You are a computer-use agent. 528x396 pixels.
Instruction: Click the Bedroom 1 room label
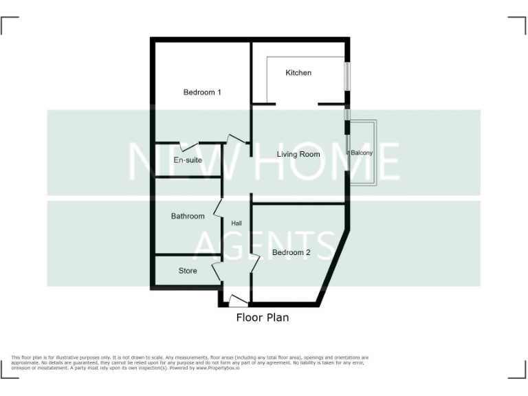pyautogui.click(x=201, y=92)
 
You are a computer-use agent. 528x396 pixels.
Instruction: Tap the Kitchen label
pyautogui.click(x=298, y=73)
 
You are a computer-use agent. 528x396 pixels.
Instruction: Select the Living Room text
pyautogui.click(x=298, y=154)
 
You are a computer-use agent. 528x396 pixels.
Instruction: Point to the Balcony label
pyautogui.click(x=362, y=153)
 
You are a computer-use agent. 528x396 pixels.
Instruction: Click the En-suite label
pyautogui.click(x=188, y=160)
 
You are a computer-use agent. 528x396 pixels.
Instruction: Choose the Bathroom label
pyautogui.click(x=188, y=216)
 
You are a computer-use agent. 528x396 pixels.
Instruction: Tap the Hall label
pyautogui.click(x=236, y=223)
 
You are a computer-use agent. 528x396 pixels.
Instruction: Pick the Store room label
pyautogui.click(x=188, y=271)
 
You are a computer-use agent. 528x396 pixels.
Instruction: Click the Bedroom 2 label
pyautogui.click(x=291, y=252)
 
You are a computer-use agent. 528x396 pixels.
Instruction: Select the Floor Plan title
pyautogui.click(x=263, y=318)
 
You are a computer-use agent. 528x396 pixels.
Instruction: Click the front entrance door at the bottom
pyautogui.click(x=237, y=300)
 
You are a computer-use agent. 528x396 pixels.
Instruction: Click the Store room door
pyautogui.click(x=217, y=269)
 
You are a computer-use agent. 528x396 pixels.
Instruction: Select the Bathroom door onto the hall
pyautogui.click(x=217, y=207)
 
